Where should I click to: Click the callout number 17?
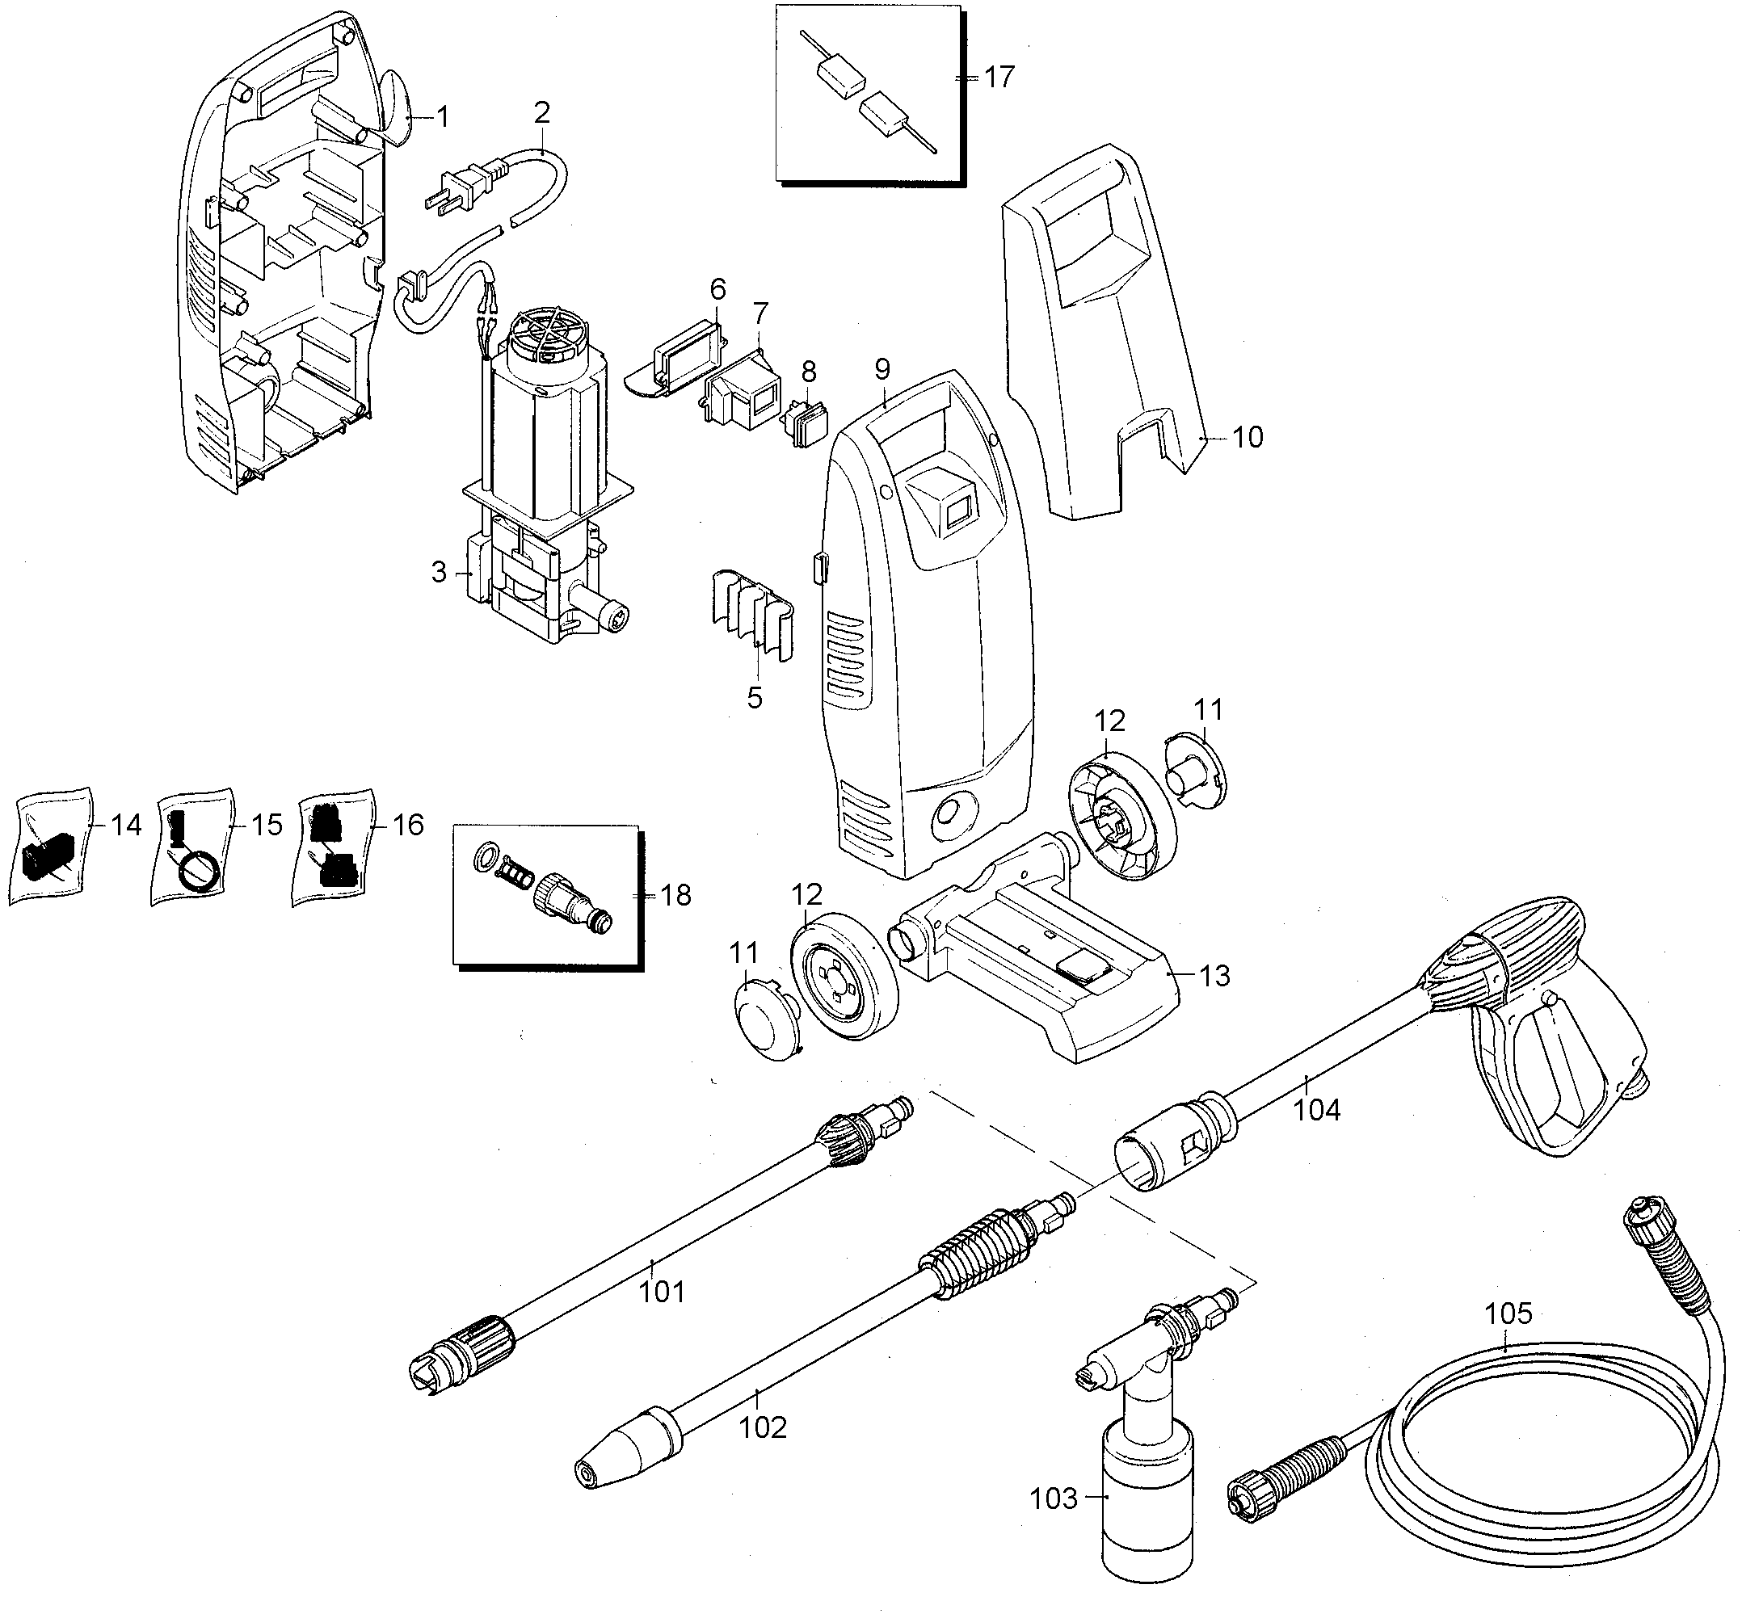[x=999, y=77]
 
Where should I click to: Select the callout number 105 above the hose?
[x=1508, y=1313]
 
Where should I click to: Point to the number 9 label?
[x=882, y=368]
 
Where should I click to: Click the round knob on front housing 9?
[x=950, y=809]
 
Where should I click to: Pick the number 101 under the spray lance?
[x=662, y=1291]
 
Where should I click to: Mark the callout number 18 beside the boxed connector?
[x=676, y=895]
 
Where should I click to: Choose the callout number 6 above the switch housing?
[x=718, y=288]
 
